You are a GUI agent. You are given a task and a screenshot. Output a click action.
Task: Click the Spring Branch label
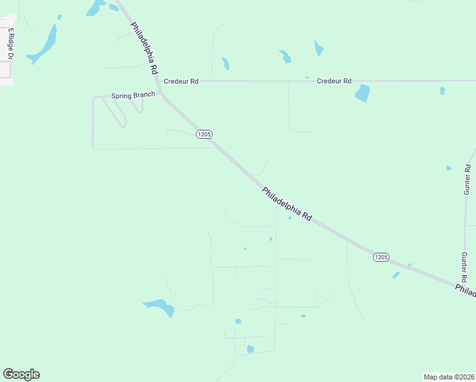(x=133, y=95)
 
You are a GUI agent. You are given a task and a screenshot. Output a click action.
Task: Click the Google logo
(x=21, y=374)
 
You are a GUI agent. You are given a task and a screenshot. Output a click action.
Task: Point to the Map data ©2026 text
(x=449, y=376)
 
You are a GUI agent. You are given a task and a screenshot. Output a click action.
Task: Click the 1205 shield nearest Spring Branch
(x=204, y=134)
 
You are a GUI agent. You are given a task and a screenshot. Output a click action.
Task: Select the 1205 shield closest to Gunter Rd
(x=380, y=257)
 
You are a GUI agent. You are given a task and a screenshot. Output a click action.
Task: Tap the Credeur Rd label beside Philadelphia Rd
(x=181, y=81)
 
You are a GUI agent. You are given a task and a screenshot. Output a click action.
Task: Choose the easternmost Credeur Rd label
(x=334, y=81)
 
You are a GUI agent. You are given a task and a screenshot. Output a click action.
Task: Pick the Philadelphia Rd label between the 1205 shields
(x=286, y=204)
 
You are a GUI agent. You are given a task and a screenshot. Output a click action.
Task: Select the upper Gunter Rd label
(x=467, y=180)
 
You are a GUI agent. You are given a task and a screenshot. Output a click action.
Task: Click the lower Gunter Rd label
(x=465, y=267)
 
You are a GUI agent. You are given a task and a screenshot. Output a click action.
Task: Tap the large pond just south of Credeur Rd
(x=362, y=93)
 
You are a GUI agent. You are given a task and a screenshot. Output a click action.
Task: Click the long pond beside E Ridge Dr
(x=43, y=44)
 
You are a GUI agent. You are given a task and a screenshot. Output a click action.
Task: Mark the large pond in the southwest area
(x=160, y=307)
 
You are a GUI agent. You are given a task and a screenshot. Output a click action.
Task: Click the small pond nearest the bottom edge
(x=250, y=349)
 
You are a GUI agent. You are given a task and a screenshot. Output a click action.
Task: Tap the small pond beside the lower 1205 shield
(x=396, y=275)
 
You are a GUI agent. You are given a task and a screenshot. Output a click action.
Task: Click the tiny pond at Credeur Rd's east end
(x=442, y=90)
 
